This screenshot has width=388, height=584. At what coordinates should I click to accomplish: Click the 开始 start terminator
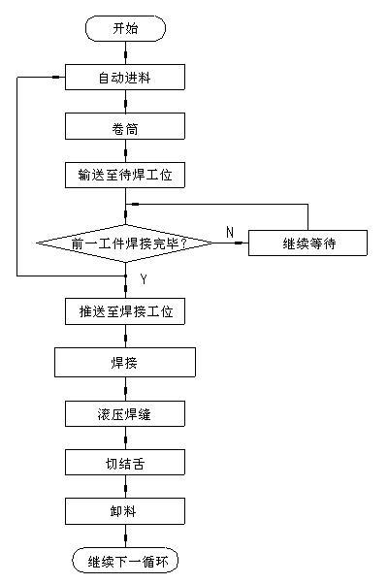(125, 28)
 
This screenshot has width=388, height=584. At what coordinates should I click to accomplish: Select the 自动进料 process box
(125, 77)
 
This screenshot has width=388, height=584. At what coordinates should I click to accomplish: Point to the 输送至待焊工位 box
(125, 175)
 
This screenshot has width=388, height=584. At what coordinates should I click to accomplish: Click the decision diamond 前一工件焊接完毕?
(125, 243)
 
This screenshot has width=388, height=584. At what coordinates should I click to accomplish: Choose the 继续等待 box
(307, 243)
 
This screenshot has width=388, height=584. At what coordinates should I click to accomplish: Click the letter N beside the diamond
(230, 233)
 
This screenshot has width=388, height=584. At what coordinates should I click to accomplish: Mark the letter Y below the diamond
(144, 279)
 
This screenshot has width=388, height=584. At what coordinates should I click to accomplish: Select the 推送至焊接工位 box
(125, 311)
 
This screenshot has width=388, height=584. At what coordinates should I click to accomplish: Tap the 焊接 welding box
(125, 363)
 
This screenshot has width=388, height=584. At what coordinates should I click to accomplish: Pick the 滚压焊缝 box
(125, 414)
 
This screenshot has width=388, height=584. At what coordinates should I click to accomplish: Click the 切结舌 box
(125, 462)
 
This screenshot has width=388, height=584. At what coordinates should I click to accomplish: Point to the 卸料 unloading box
(125, 511)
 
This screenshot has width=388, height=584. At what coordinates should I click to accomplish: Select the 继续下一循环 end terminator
(125, 560)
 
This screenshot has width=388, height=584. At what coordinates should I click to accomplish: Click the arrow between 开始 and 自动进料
(125, 52)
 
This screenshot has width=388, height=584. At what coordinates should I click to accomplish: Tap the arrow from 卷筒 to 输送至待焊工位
(125, 150)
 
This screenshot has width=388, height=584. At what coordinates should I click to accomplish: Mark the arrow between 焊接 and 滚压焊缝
(125, 389)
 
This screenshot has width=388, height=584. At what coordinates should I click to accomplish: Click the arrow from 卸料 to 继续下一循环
(125, 535)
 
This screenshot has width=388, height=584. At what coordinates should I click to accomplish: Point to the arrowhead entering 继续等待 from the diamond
(239, 243)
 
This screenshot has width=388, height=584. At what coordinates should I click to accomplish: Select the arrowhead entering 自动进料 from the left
(56, 77)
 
